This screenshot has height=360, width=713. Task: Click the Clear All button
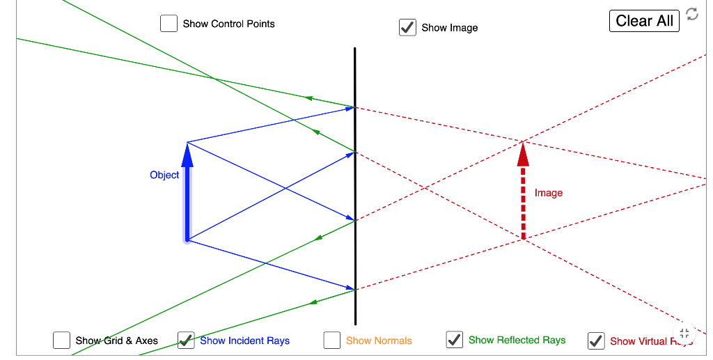tap(644, 21)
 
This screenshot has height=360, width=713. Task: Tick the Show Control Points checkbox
tap(169, 24)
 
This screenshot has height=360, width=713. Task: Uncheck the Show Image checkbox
tap(407, 27)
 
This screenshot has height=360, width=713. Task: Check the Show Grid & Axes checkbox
tap(61, 341)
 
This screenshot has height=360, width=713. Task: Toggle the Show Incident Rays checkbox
tap(186, 341)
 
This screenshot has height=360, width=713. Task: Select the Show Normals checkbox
tap(332, 341)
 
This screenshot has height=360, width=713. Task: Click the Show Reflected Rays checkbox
tap(454, 340)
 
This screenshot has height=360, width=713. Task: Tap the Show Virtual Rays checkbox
tap(596, 341)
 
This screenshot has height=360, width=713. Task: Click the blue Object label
tap(164, 175)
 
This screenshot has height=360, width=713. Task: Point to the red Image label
tap(549, 193)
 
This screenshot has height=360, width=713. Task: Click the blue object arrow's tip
tap(187, 143)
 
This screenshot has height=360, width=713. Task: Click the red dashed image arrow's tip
tap(523, 143)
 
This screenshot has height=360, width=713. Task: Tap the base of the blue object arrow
tap(187, 240)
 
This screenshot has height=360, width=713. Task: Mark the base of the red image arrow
tap(524, 239)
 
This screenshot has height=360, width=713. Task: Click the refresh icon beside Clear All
tap(691, 14)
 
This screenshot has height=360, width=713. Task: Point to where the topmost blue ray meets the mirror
tap(355, 107)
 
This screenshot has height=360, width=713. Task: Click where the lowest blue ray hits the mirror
tap(355, 289)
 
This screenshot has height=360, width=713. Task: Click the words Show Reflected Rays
tap(517, 340)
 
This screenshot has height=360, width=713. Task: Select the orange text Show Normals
tap(379, 341)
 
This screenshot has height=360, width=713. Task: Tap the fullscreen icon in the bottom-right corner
tap(684, 333)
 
